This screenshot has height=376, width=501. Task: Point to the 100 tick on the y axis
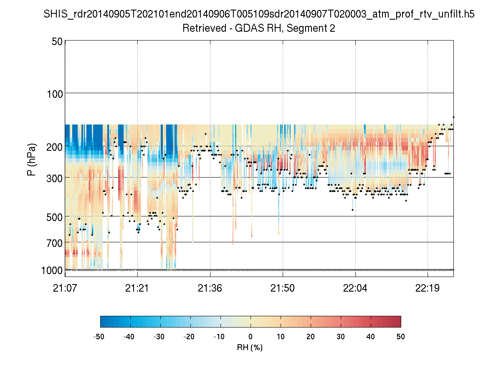[54, 93]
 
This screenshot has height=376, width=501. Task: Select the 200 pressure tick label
[54, 146]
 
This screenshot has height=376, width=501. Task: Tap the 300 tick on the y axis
[54, 177]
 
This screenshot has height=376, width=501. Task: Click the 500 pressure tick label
[54, 216]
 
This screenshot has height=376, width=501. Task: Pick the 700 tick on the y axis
[54, 242]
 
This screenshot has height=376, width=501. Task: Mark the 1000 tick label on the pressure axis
[52, 270]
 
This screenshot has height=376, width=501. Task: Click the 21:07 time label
[65, 288]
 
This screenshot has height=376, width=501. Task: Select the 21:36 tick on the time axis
[210, 288]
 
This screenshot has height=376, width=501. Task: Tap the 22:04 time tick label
[355, 288]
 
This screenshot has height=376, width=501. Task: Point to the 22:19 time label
[428, 288]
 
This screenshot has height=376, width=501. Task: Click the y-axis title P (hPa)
[32, 160]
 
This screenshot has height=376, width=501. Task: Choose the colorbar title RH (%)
[250, 347]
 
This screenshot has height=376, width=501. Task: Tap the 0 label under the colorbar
[250, 337]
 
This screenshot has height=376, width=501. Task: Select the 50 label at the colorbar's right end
[401, 337]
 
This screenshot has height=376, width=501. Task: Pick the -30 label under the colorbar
[159, 337]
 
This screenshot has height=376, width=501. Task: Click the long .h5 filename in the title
[259, 15]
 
